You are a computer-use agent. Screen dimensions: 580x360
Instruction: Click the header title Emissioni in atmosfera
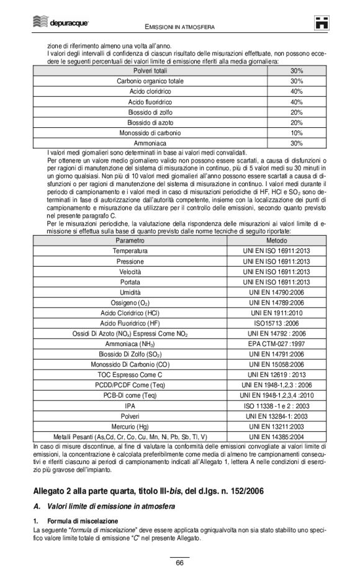click(179, 26)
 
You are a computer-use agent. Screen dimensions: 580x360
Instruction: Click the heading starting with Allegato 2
click(148, 491)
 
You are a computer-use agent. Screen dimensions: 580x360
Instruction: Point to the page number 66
click(179, 563)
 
